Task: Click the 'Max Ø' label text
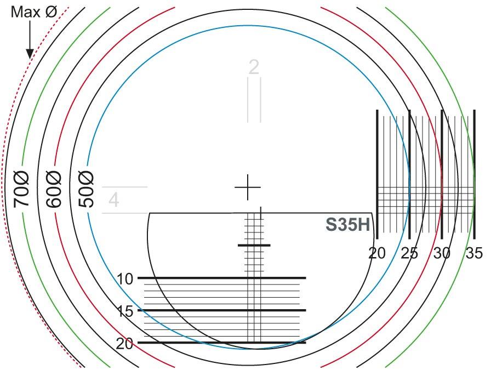[x=34, y=12]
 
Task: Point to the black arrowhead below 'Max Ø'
[x=30, y=54]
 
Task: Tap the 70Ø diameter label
[x=21, y=189]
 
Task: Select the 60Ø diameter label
[x=54, y=189]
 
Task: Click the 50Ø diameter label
[x=86, y=189]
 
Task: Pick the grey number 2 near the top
[x=254, y=67]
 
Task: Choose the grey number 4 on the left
[x=113, y=200]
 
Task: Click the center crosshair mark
[x=248, y=187]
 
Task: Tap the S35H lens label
[x=348, y=225]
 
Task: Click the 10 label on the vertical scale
[x=125, y=279]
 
